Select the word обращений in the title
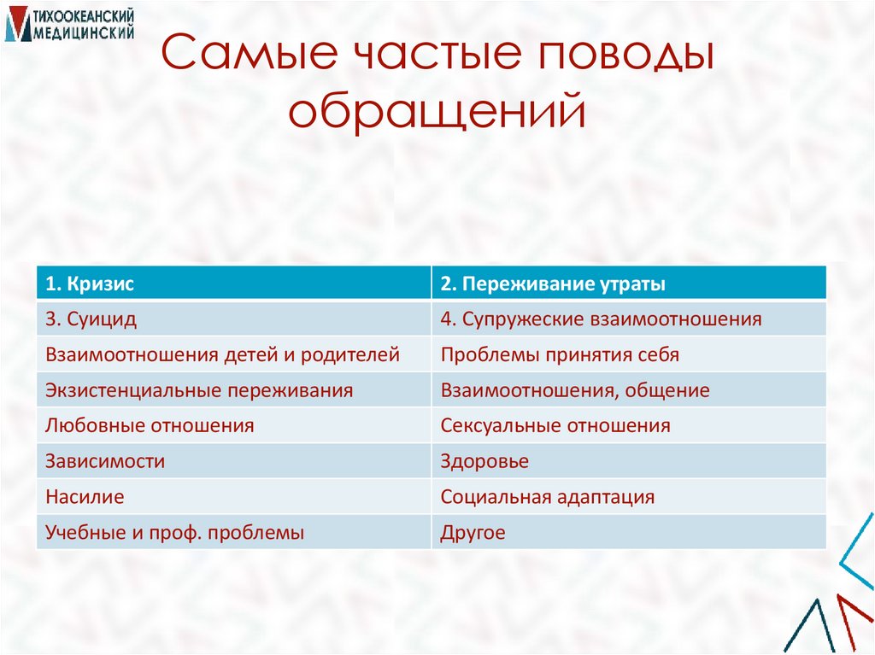[437, 112]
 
